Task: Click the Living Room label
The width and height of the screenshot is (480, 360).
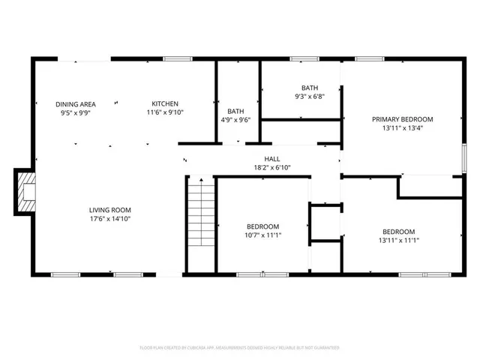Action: pos(110,210)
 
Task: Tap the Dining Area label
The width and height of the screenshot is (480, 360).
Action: pos(75,103)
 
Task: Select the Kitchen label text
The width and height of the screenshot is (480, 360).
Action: pos(165,103)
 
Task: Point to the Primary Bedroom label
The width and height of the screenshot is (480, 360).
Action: pos(403,118)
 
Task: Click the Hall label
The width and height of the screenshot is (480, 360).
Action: pos(271,158)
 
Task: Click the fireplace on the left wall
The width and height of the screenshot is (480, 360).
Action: pos(25,191)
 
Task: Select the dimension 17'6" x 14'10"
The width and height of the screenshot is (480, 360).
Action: pos(110,219)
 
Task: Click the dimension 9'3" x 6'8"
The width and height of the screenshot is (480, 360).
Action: pos(310,96)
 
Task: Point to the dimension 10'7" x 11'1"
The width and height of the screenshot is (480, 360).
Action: pos(263,235)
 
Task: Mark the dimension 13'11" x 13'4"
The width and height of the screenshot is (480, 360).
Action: pos(403,127)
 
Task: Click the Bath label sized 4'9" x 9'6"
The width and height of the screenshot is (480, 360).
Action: pos(235,111)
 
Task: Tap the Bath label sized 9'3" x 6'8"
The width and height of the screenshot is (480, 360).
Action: pos(310,87)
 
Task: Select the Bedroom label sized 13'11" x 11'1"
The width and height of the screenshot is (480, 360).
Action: pos(398,231)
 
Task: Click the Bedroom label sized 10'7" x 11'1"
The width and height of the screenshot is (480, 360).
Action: pos(263,226)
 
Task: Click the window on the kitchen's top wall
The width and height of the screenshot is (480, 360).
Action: pos(177,58)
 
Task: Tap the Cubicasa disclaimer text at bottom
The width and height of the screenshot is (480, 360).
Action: pos(240,348)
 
